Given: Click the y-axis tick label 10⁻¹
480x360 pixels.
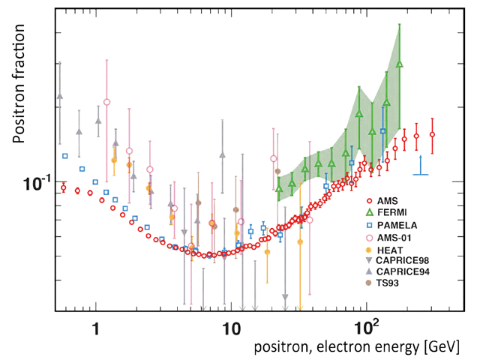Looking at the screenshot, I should coord(33,183).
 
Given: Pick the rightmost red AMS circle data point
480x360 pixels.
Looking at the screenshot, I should coord(433,135).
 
